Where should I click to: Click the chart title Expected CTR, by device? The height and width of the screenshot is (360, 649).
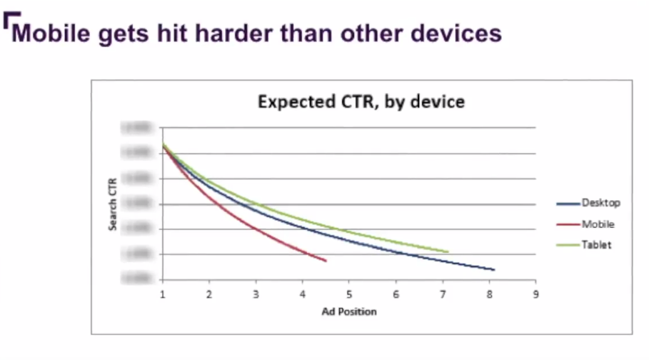(361, 102)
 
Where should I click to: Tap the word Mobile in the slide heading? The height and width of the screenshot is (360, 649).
(51, 33)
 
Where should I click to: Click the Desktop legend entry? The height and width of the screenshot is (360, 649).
(600, 203)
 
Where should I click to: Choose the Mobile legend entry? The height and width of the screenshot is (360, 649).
(598, 224)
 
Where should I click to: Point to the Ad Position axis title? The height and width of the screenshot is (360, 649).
(348, 311)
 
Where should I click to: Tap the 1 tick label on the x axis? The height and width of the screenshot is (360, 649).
(163, 294)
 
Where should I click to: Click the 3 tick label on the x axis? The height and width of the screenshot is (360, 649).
(256, 294)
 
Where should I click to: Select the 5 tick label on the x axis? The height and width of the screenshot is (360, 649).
(349, 294)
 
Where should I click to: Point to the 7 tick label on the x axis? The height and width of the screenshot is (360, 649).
(442, 294)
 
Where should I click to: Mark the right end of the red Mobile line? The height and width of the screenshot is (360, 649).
(326, 261)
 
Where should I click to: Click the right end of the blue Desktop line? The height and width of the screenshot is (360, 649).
(493, 269)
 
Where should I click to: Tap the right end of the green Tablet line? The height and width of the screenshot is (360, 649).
(448, 251)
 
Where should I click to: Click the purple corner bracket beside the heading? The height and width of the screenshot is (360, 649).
(8, 23)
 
